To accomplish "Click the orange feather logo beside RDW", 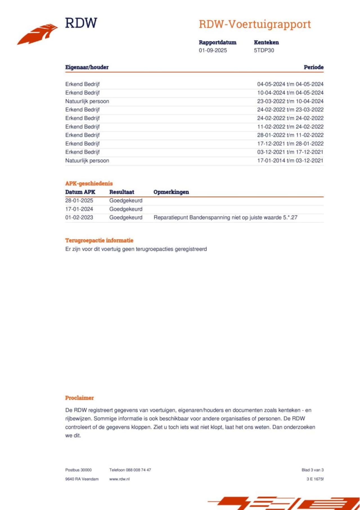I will (37, 34).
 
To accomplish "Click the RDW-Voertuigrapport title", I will (255, 24).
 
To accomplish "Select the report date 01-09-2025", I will (213, 50).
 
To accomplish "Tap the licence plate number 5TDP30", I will (264, 50).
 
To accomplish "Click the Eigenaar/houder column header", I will (87, 67).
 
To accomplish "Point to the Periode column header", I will (314, 67).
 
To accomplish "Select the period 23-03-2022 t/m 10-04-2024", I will (290, 101).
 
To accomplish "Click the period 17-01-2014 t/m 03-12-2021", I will (290, 160).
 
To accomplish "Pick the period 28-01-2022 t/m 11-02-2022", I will (290, 135).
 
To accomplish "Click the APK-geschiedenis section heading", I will (89, 184).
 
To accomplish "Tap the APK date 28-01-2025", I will (79, 201).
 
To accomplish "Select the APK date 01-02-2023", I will (79, 218).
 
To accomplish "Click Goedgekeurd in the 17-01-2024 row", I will (126, 209).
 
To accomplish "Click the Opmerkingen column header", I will (171, 192).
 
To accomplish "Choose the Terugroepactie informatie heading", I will (99, 240).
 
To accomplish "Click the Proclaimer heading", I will (79, 398).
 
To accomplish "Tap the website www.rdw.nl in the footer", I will (120, 479).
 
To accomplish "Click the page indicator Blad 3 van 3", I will (312, 470).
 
